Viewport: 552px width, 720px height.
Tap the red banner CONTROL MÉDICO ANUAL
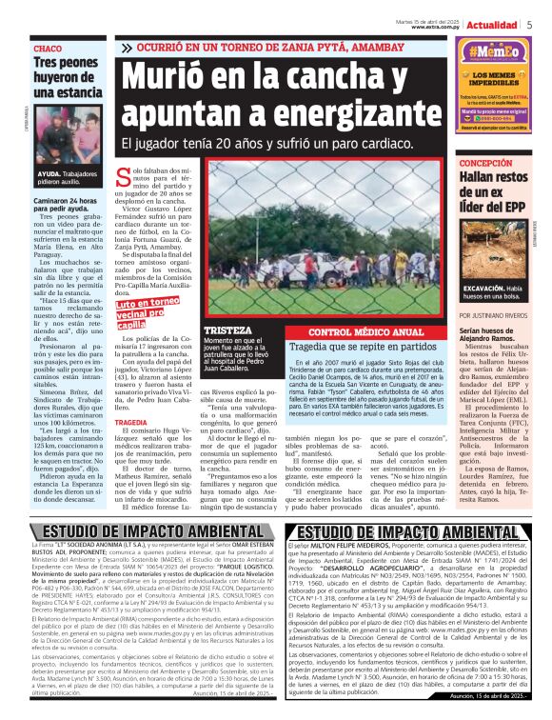[x=365, y=332]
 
